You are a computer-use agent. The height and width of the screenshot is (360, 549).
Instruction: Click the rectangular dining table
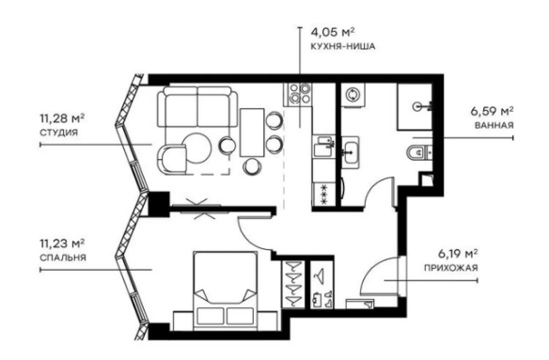[x=252, y=132]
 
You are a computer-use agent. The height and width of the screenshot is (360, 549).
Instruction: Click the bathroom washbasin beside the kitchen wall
[x=353, y=151]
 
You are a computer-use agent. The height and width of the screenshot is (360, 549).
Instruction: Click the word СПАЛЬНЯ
[x=61, y=257]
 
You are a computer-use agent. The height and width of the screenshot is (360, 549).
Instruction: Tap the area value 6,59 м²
[x=492, y=110]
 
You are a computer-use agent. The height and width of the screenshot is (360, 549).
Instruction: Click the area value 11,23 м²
[x=62, y=242]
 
